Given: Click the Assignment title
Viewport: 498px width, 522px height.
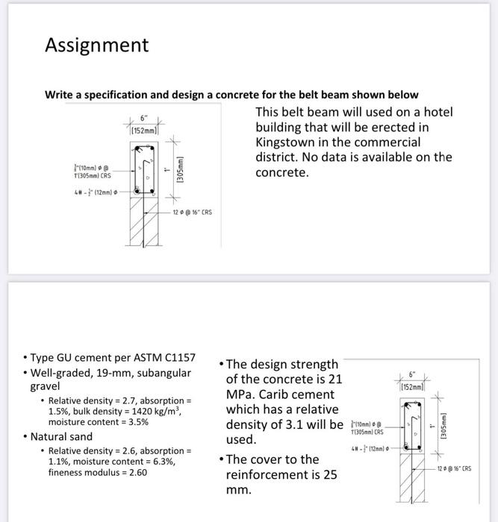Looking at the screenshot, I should click(96, 45).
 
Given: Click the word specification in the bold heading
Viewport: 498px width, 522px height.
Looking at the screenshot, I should click(116, 95).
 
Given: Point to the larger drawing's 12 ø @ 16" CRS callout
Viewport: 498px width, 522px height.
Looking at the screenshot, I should click(192, 212).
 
